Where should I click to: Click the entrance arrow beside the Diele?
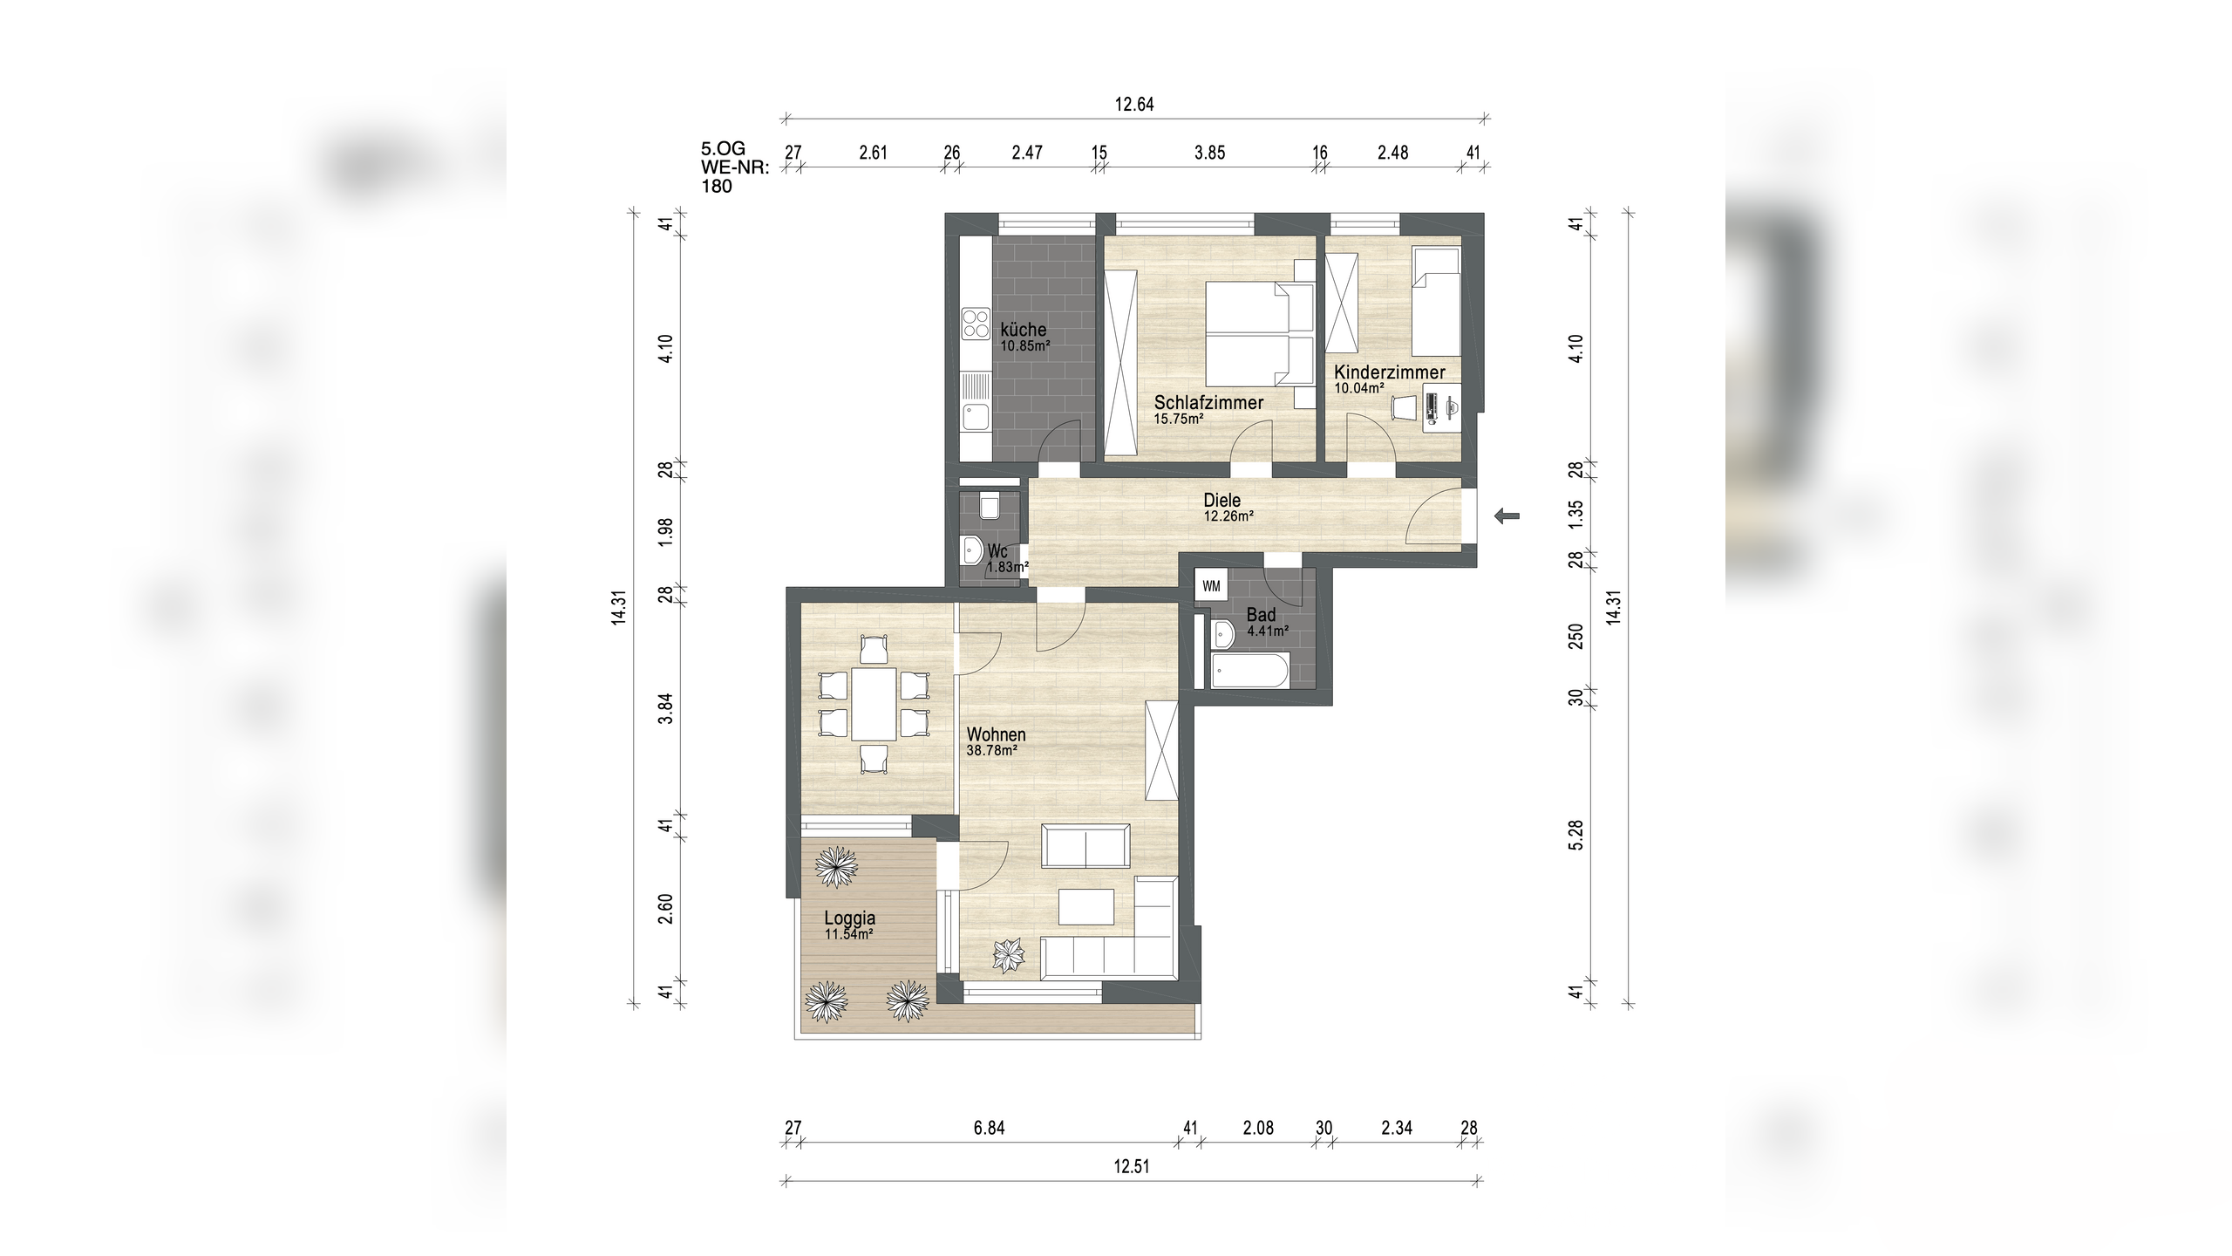1507,516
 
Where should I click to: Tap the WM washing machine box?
1211,586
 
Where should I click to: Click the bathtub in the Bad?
1250,671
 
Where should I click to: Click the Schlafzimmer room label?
1209,402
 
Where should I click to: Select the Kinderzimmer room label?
1390,372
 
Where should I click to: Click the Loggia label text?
850,918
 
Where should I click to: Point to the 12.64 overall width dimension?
1134,105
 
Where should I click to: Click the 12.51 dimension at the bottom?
1131,1166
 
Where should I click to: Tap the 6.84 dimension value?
990,1128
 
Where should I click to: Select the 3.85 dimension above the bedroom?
1209,153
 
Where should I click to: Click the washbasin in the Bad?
1222,633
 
